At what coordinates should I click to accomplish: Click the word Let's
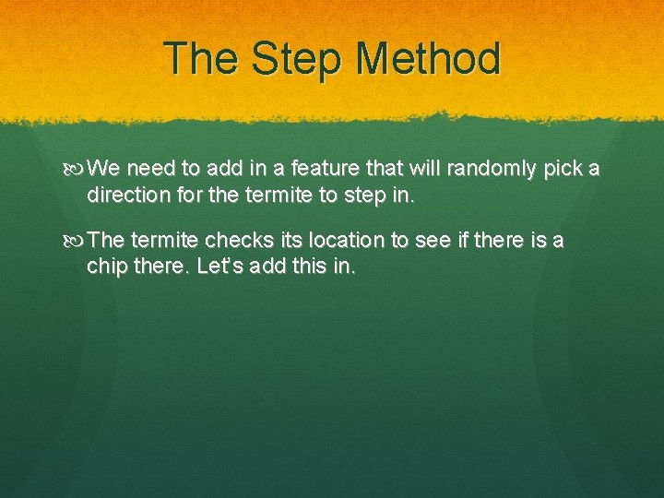pyautogui.click(x=216, y=267)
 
